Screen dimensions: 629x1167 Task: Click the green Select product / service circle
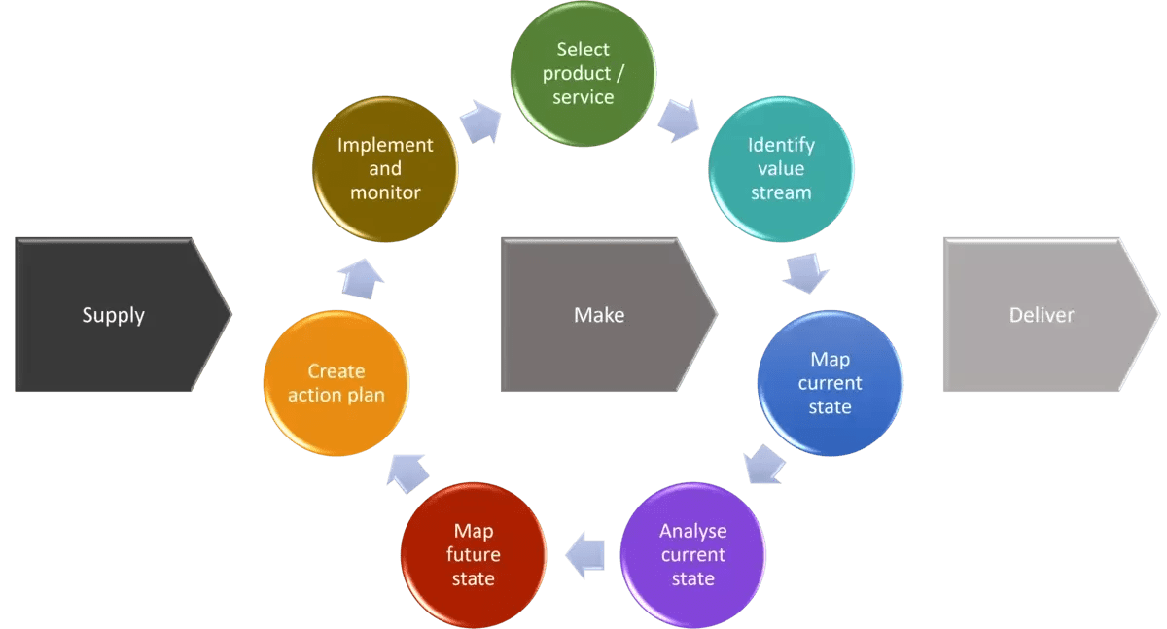tap(583, 74)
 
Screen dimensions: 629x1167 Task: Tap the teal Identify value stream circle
tap(781, 169)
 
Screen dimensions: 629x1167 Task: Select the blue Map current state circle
tap(830, 383)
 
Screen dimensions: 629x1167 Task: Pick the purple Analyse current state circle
tap(692, 554)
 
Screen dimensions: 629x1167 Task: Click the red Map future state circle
tap(474, 554)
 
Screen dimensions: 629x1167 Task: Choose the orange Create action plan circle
tap(336, 383)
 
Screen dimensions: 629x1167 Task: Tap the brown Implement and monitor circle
tap(385, 169)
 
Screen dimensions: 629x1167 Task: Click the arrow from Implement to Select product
tap(479, 121)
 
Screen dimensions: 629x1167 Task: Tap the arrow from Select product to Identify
tap(679, 119)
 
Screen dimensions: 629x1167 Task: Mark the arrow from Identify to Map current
tap(806, 272)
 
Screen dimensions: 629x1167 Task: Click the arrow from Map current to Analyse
tap(764, 465)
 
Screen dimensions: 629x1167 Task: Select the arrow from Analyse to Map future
tap(585, 554)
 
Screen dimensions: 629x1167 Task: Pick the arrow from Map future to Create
tap(408, 472)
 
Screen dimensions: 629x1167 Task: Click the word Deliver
tap(1042, 315)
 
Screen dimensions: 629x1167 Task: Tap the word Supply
tap(114, 315)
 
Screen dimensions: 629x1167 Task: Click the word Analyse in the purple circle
tap(692, 531)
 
